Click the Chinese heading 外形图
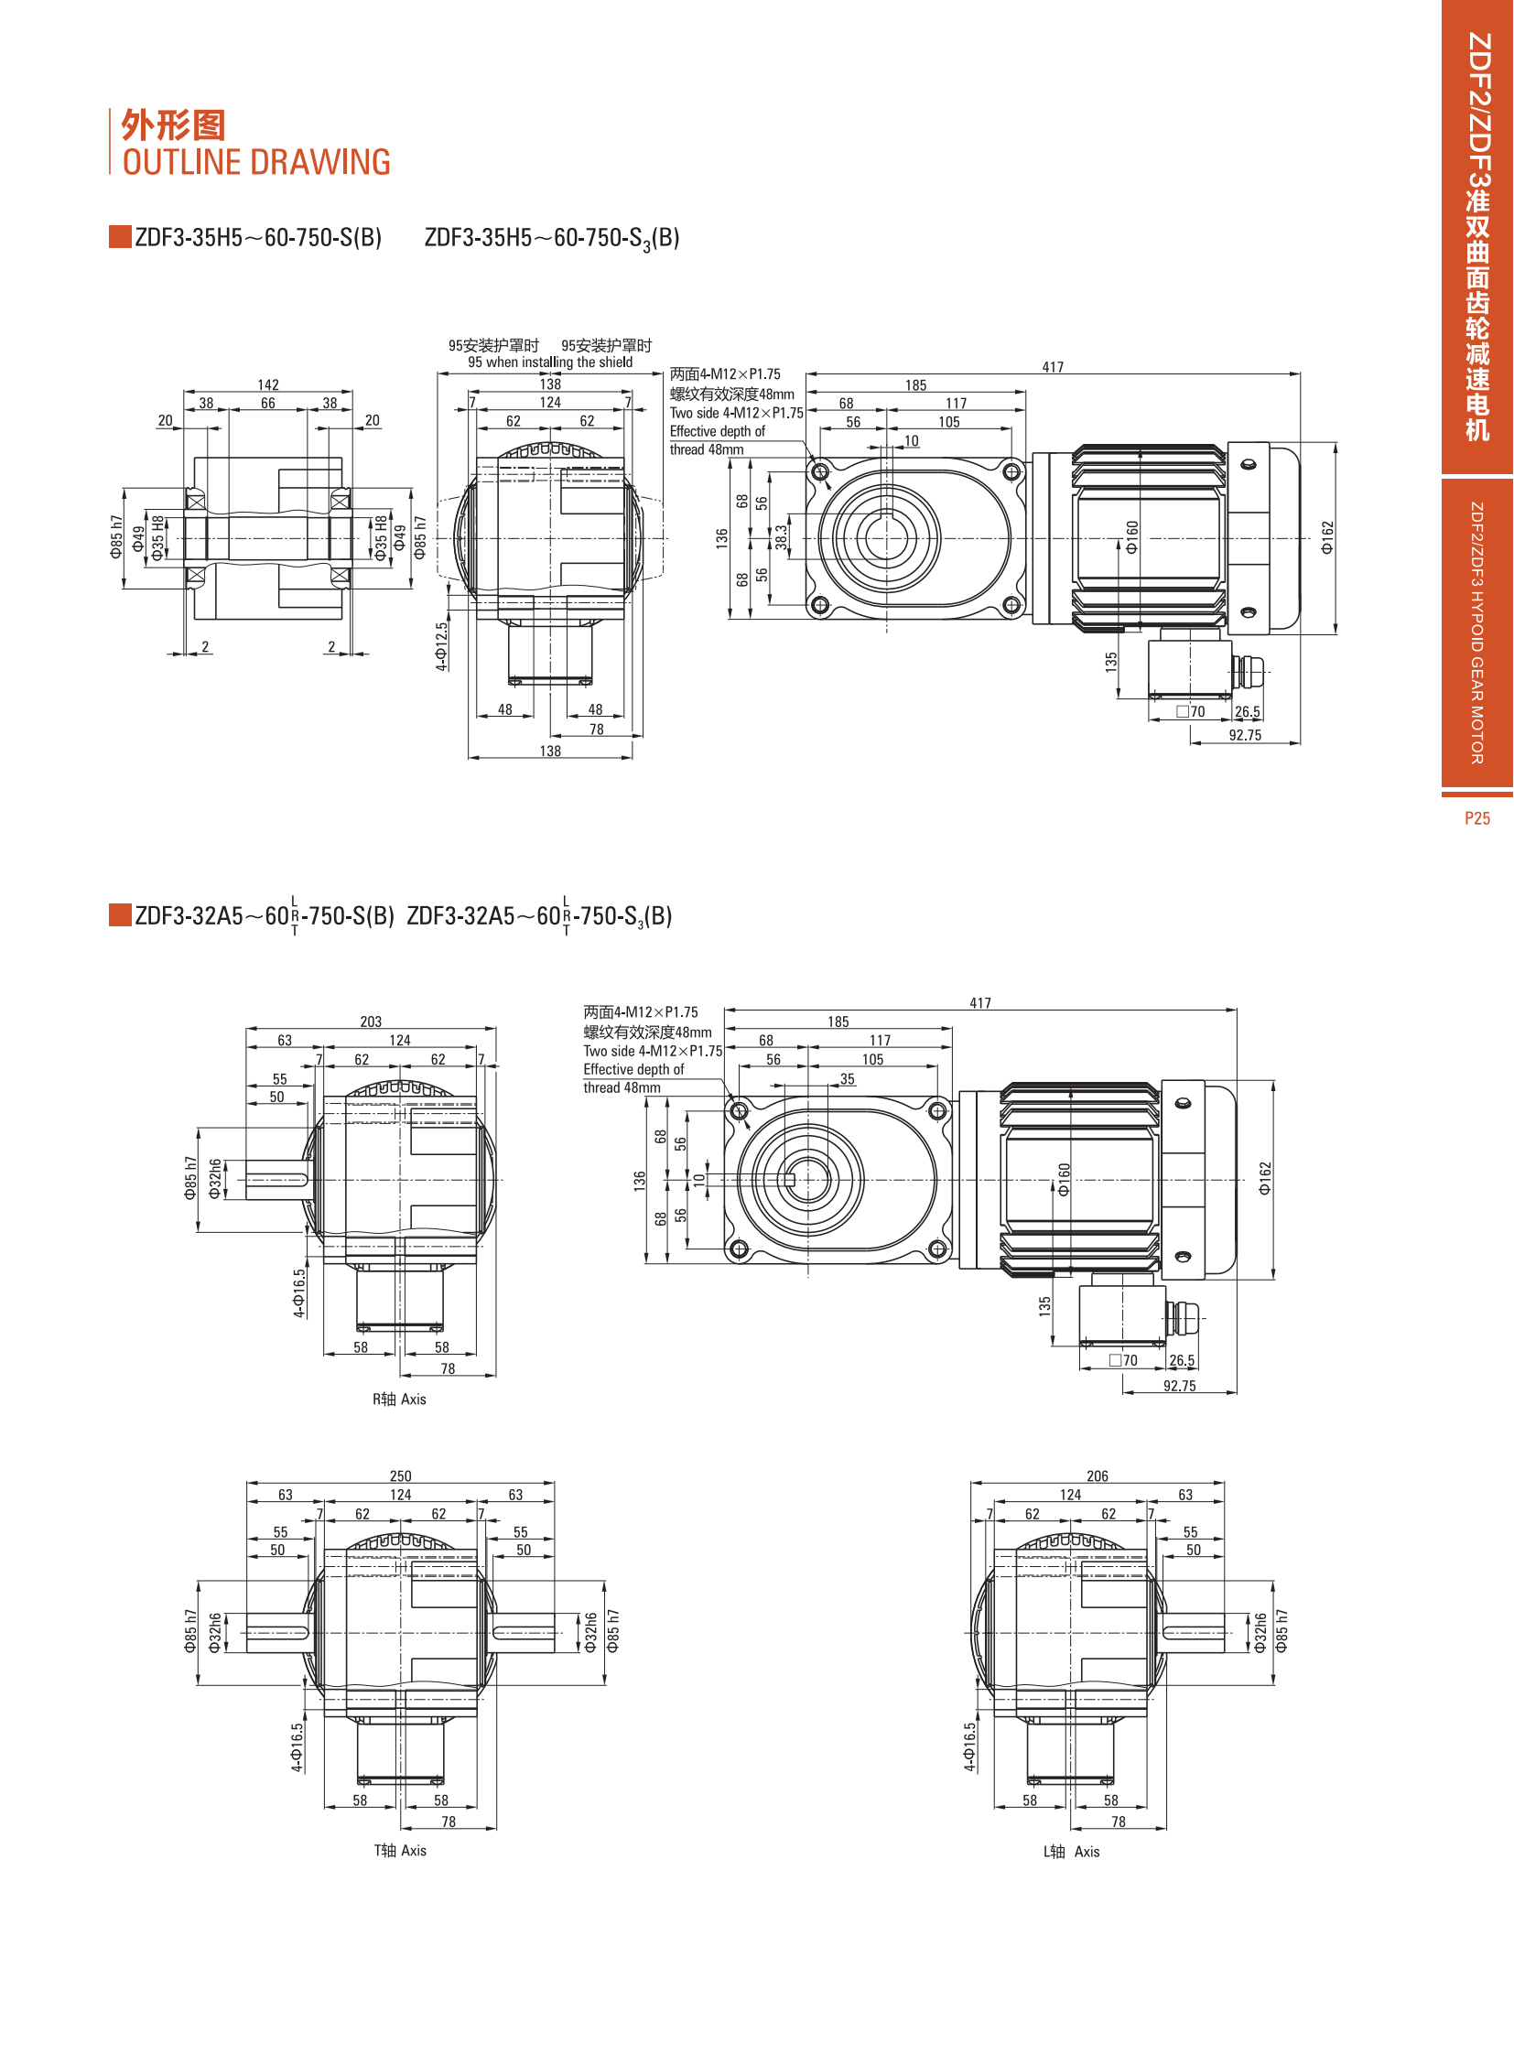point(173,124)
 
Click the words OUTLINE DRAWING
point(256,162)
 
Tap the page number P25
point(1476,818)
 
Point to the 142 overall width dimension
point(267,385)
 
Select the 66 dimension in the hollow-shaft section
point(267,404)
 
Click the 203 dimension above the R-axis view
point(370,1021)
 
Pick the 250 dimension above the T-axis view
point(401,1476)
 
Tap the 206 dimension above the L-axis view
point(1097,1476)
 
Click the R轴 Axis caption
point(399,1399)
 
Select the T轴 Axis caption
point(400,1850)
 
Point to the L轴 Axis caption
point(1070,1851)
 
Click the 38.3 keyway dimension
point(781,537)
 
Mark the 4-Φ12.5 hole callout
point(442,646)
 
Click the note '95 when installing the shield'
point(550,362)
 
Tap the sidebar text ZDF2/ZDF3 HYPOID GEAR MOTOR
point(1476,632)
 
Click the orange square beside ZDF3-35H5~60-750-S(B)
point(120,236)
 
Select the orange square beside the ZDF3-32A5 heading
point(120,914)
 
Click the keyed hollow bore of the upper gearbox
point(885,538)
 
